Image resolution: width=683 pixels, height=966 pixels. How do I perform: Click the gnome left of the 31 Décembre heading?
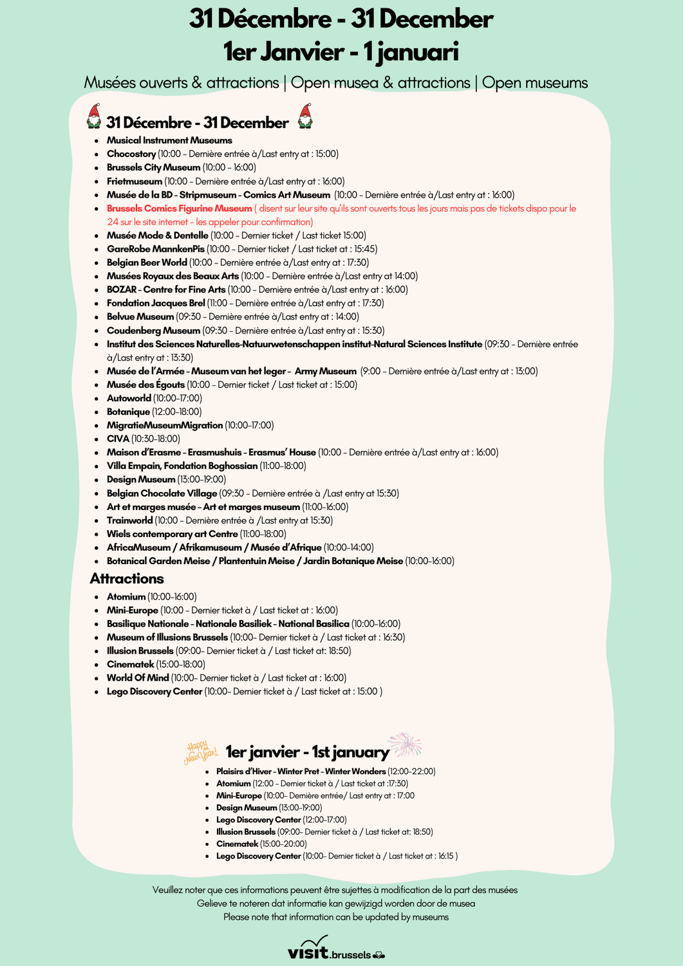(x=94, y=117)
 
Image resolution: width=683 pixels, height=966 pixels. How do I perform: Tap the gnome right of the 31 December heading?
(x=305, y=117)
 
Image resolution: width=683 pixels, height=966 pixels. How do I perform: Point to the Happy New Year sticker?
(x=200, y=752)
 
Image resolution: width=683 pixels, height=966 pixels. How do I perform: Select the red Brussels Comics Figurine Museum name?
(x=179, y=209)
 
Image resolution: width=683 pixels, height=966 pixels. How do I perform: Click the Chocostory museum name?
(x=131, y=154)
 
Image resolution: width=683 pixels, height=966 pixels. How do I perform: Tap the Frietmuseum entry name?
(x=135, y=182)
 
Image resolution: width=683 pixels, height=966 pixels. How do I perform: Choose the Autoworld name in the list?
(x=129, y=399)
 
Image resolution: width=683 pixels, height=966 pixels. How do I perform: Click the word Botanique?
(x=128, y=412)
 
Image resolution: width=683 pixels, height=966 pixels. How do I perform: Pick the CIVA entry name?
(x=118, y=439)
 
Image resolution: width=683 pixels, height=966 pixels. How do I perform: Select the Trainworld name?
(x=129, y=520)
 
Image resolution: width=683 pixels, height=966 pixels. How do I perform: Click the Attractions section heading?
(x=127, y=578)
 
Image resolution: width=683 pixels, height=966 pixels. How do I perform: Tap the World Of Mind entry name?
(x=138, y=678)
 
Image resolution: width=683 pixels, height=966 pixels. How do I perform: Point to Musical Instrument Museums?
(x=169, y=140)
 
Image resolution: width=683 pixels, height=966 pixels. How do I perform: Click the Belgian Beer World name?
(x=147, y=263)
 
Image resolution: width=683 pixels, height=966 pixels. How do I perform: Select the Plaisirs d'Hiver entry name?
(x=301, y=772)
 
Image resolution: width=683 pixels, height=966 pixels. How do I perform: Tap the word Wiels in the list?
(x=119, y=534)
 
